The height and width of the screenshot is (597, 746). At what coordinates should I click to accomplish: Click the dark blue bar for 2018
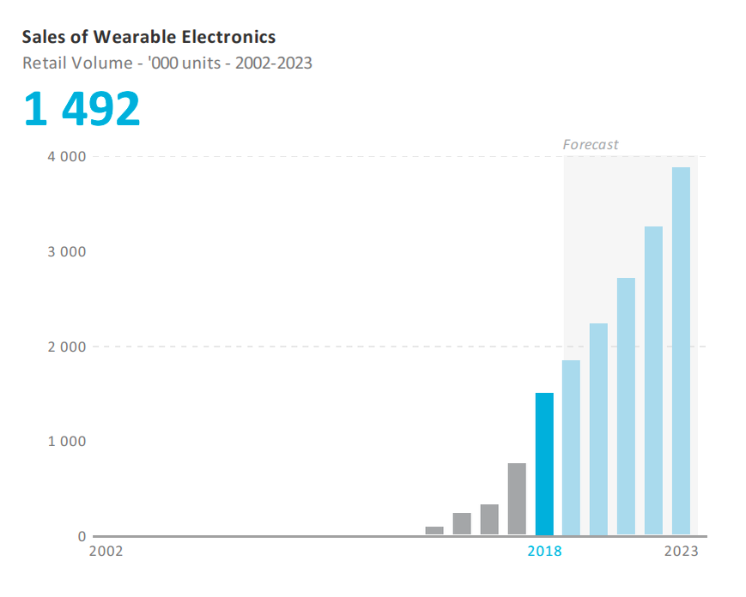[x=544, y=464]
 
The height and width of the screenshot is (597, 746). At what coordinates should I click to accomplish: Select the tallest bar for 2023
[x=681, y=351]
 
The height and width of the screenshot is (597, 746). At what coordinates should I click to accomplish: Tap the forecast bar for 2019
[x=571, y=448]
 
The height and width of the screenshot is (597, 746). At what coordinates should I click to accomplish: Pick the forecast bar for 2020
[x=598, y=429]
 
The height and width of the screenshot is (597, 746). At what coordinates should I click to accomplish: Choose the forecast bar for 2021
[x=626, y=407]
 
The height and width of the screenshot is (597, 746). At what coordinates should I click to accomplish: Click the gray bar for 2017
[x=517, y=499]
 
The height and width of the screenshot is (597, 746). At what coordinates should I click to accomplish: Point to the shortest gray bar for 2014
[x=434, y=531]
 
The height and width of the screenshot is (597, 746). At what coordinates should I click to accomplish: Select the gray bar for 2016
[x=489, y=520]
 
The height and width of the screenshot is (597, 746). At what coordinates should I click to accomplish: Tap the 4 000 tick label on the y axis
[x=68, y=157]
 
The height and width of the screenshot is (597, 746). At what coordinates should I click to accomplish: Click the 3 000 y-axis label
[x=68, y=252]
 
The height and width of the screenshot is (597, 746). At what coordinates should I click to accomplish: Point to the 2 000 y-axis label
[x=68, y=347]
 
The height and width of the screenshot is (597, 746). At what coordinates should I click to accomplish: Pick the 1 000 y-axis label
[x=68, y=442]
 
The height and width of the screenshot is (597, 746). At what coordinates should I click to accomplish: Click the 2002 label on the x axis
[x=106, y=551]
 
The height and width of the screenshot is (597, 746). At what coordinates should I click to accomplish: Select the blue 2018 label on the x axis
[x=544, y=551]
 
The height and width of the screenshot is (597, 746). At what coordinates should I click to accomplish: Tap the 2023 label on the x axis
[x=681, y=551]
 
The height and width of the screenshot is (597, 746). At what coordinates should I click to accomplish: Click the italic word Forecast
[x=591, y=145]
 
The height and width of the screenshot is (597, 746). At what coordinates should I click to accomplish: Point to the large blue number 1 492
[x=82, y=110]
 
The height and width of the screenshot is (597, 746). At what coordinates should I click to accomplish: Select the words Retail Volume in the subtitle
[x=74, y=63]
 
